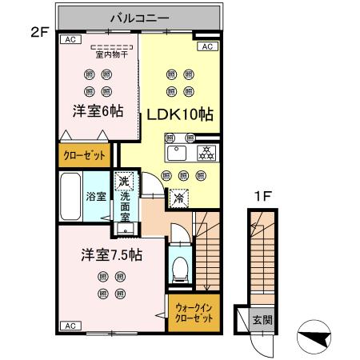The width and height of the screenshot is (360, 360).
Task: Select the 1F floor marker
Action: [261, 194]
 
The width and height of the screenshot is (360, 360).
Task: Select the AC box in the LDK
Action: [206, 47]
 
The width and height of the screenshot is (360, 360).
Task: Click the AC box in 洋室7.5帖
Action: [69, 326]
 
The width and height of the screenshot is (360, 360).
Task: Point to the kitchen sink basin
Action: [175, 154]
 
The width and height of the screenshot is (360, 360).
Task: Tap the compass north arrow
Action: [316, 337]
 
